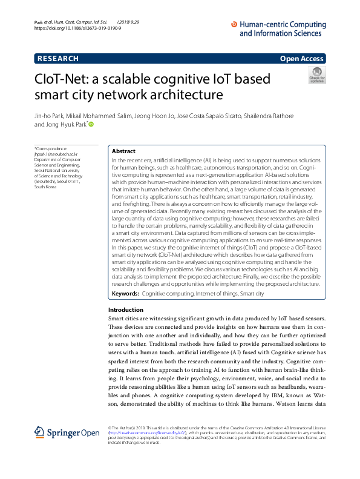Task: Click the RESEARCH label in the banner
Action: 57,59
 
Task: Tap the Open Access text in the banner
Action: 303,59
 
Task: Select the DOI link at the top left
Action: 78,28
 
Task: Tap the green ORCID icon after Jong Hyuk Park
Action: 92,124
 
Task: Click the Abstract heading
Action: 123,151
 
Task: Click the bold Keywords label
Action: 125,293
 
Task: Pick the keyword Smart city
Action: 252,293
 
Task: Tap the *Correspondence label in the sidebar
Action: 50,148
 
